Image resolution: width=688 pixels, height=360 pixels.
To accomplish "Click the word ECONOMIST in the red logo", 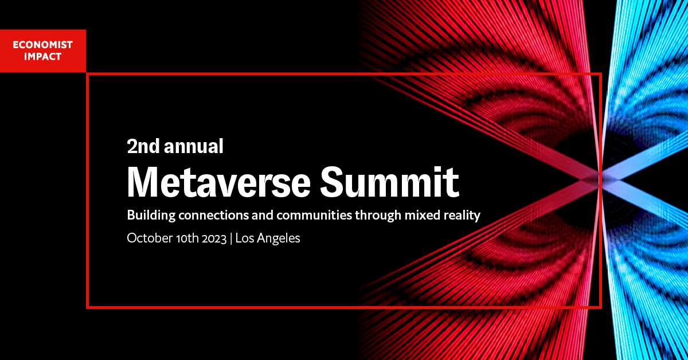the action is pyautogui.click(x=42, y=45).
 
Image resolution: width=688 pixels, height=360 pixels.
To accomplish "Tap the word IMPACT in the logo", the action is pyautogui.click(x=42, y=57).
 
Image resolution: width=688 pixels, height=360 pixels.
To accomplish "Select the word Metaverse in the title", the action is pyautogui.click(x=219, y=182).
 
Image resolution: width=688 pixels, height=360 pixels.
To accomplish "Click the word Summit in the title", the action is pyautogui.click(x=390, y=182).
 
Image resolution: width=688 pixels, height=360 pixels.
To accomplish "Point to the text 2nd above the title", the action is pyautogui.click(x=143, y=146).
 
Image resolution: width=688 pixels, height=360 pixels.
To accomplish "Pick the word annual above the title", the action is pyautogui.click(x=194, y=146).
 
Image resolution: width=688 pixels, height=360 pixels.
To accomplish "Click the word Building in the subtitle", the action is pyautogui.click(x=151, y=216).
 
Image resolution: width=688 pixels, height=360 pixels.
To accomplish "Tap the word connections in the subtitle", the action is pyautogui.click(x=213, y=216).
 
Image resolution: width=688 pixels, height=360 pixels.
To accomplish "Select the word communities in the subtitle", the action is pyautogui.click(x=314, y=216).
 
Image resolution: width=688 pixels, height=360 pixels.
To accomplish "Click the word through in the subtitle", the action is pyautogui.click(x=378, y=216).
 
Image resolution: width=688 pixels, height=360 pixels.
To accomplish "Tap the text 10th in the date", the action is pyautogui.click(x=187, y=238).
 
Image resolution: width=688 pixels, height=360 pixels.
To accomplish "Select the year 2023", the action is pyautogui.click(x=214, y=238).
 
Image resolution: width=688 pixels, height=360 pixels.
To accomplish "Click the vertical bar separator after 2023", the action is pyautogui.click(x=231, y=239).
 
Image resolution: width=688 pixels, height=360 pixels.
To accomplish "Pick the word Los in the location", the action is pyautogui.click(x=244, y=238).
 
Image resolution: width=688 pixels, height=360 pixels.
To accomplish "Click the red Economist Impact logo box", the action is pyautogui.click(x=43, y=51).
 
